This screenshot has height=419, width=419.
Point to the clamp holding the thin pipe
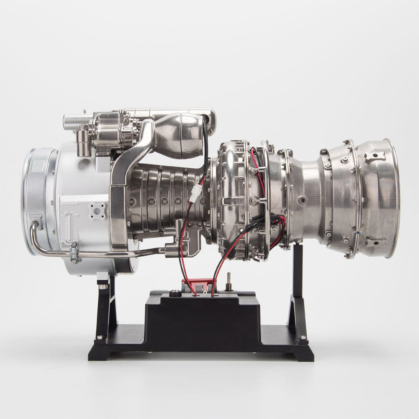click(x=74, y=253)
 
